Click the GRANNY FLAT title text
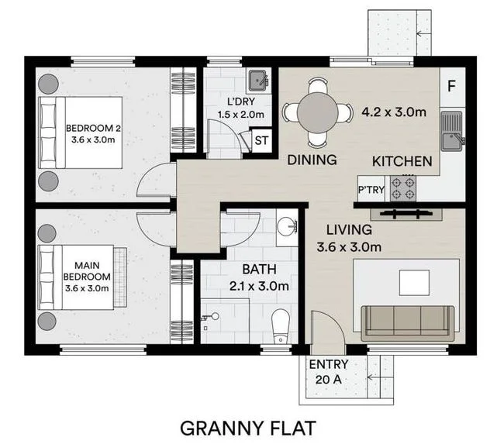click(248, 427)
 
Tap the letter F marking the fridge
click(452, 85)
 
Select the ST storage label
click(261, 140)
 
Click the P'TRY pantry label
click(370, 188)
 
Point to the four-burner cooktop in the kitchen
click(403, 187)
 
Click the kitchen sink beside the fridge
click(450, 130)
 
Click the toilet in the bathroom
click(280, 325)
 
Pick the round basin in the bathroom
click(286, 228)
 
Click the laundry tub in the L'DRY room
click(257, 80)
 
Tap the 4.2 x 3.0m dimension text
click(394, 112)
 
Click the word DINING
click(312, 160)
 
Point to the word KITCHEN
click(402, 161)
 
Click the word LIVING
click(349, 229)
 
